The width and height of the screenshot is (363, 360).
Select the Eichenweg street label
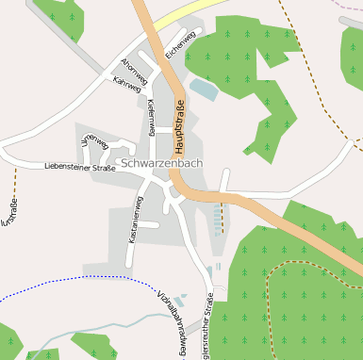click(x=179, y=46)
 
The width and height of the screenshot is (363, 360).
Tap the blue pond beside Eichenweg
click(x=203, y=90)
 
